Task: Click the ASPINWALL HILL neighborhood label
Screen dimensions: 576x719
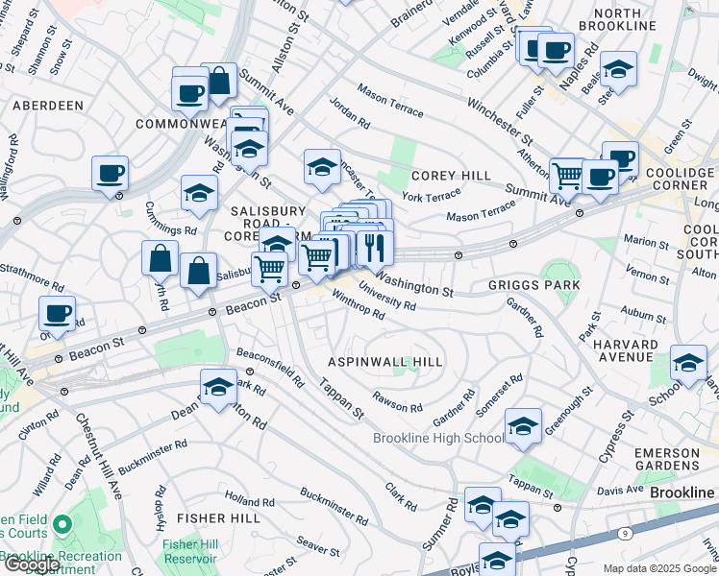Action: [x=385, y=362]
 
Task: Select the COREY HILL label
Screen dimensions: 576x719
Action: [x=451, y=176]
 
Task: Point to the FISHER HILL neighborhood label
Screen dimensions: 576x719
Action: [x=218, y=518]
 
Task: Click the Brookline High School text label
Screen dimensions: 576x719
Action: [x=437, y=439]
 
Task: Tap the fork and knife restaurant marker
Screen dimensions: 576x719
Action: [x=376, y=247]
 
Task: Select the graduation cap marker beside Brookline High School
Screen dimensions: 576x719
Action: [x=523, y=425]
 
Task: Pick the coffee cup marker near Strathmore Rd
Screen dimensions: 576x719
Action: [x=58, y=312]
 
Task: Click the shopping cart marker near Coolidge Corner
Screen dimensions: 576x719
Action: [x=568, y=176]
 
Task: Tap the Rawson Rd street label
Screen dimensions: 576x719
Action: [x=398, y=405]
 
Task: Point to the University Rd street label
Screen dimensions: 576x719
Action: [x=386, y=296]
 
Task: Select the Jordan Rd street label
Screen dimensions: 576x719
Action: [x=349, y=112]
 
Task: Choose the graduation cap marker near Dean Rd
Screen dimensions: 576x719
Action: [x=218, y=386]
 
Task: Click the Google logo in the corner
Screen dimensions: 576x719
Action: [x=31, y=564]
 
